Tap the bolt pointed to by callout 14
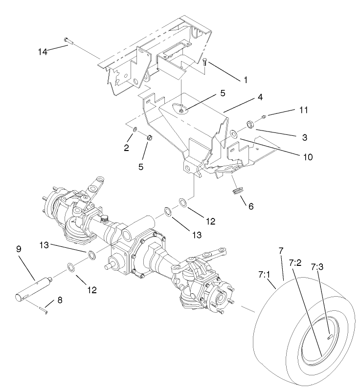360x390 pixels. click(x=68, y=41)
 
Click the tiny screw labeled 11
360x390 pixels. click(x=264, y=116)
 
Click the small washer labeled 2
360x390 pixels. click(x=135, y=130)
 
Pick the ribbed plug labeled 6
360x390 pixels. click(x=238, y=189)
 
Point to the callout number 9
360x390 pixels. click(x=19, y=249)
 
